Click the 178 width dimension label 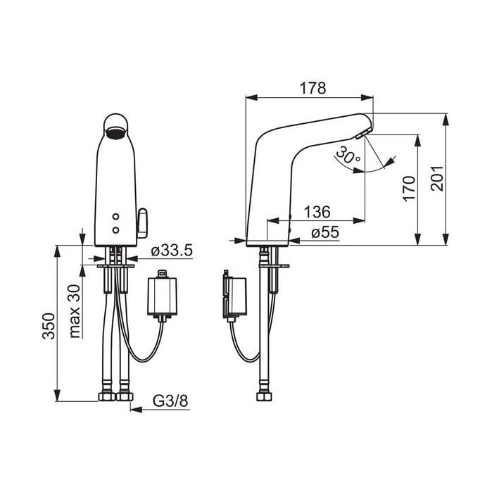point(313,88)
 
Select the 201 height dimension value point(437,179)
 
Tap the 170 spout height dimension point(409,189)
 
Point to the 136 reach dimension point(317,212)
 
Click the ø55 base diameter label point(325,232)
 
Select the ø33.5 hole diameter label point(171,251)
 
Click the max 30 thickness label point(75,311)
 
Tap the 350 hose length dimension point(49,326)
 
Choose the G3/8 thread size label point(170,400)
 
